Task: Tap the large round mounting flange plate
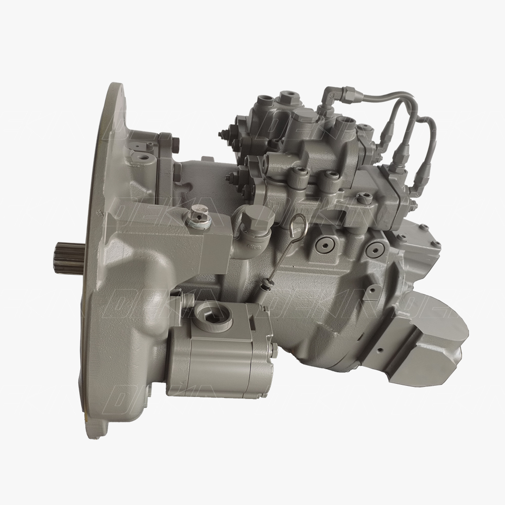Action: [109, 252]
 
